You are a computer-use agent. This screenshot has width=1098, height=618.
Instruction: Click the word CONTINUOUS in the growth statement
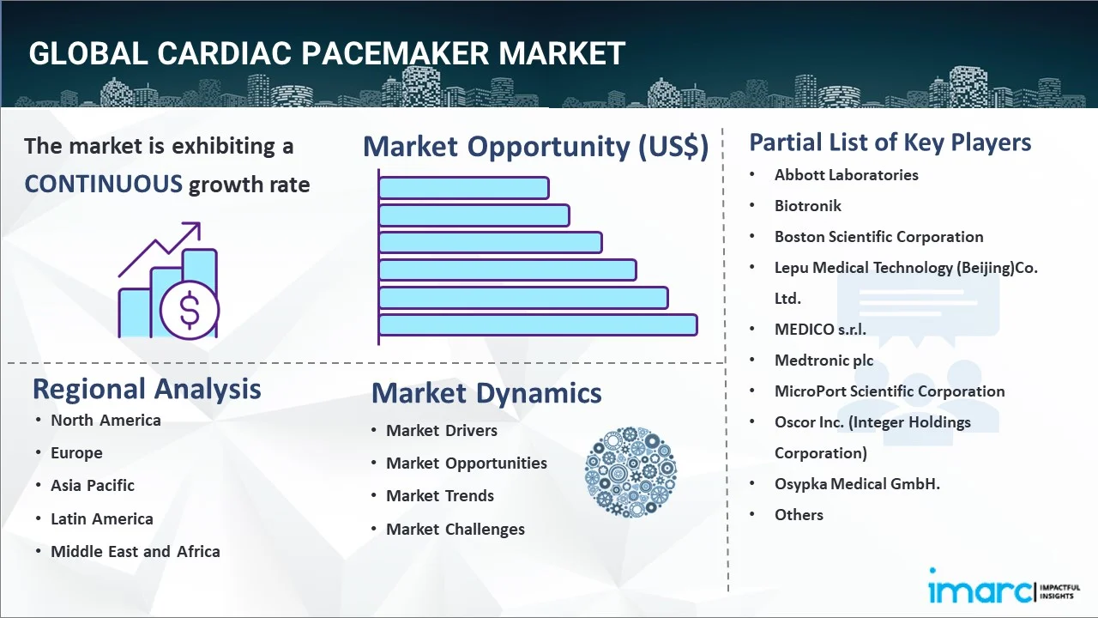pos(103,184)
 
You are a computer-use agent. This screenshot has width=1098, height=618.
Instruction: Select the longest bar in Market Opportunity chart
pos(537,325)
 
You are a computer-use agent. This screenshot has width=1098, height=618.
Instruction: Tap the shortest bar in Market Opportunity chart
pos(463,187)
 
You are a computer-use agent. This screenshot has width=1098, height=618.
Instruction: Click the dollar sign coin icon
pos(190,310)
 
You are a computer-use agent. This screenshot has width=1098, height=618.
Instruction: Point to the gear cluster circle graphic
pos(630,472)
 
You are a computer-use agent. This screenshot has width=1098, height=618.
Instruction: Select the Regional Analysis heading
pos(147,389)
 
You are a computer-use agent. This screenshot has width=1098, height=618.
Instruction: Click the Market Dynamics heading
pos(486,393)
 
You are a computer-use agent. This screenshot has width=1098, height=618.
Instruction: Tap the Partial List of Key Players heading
pos(890,142)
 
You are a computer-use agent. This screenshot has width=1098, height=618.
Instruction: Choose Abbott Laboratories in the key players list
pos(846,175)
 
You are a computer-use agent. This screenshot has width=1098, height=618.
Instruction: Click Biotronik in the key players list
pos(808,206)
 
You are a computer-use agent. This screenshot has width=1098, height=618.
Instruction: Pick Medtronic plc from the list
pos(823,360)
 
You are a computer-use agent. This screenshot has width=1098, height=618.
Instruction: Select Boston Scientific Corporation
pos(878,237)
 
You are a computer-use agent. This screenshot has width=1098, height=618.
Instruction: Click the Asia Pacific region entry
pos(93,486)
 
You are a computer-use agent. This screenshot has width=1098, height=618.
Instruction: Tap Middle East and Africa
pos(136,552)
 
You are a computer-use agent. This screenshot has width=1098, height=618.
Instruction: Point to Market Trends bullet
pos(440,496)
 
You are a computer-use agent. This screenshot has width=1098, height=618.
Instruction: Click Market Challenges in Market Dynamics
pos(455,530)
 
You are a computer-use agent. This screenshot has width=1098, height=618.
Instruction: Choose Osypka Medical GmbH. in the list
pos(857,484)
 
